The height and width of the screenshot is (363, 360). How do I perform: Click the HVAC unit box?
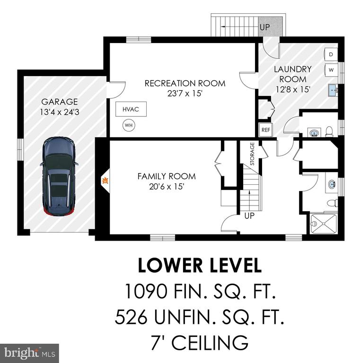[x=131, y=109]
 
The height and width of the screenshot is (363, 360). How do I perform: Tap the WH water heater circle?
[x=129, y=125]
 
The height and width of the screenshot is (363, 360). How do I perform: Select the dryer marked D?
[x=331, y=54]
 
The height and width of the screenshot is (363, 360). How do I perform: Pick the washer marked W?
[x=331, y=69]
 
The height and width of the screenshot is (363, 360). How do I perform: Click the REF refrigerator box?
[x=266, y=130]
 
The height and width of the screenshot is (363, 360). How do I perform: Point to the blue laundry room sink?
[x=333, y=90]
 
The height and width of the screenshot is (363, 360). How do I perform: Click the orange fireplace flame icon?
[x=105, y=180]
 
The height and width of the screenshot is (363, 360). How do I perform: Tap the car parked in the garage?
[x=59, y=176]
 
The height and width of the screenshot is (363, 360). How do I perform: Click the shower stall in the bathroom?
[x=324, y=224]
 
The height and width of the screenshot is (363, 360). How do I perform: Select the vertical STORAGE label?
[x=252, y=154]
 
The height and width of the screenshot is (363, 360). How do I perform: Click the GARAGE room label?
[x=60, y=102]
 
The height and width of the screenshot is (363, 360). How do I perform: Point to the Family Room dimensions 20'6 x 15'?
[x=167, y=186]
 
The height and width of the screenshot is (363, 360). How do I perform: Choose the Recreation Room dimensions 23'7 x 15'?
[x=185, y=94]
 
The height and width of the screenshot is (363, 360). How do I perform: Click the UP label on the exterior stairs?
[x=265, y=27]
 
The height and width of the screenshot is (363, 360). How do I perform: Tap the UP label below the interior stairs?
[x=249, y=216]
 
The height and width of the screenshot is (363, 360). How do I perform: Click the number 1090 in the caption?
[x=146, y=291]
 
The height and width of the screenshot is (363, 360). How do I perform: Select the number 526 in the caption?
[x=131, y=317]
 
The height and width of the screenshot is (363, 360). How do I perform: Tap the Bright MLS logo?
[x=29, y=353]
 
